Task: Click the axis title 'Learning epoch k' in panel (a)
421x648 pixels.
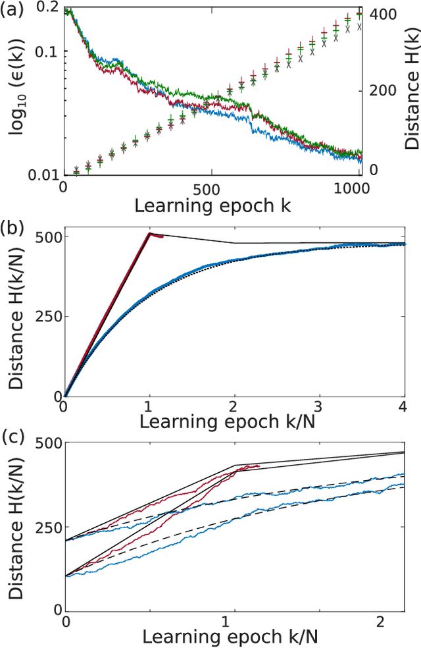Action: click(x=212, y=205)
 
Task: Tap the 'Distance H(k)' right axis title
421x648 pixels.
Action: click(x=412, y=92)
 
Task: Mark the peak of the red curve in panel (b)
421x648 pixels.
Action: click(x=150, y=233)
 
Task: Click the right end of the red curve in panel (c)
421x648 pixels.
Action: click(x=260, y=466)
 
